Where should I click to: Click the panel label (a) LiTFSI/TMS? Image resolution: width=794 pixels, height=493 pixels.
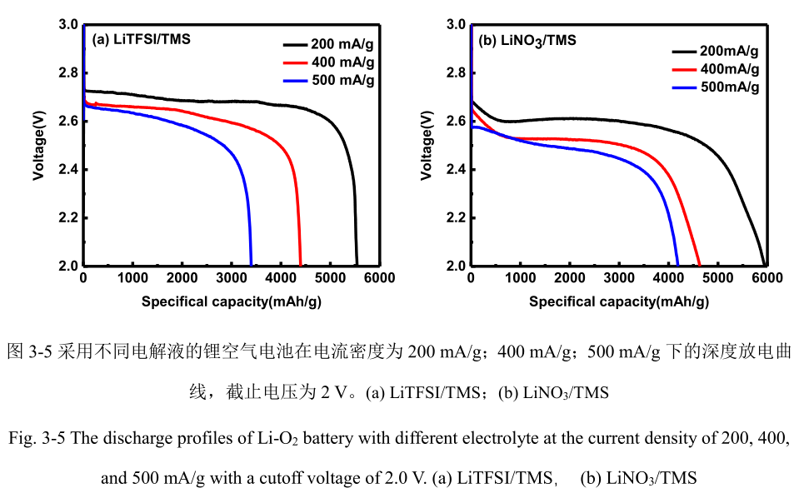pos(141,38)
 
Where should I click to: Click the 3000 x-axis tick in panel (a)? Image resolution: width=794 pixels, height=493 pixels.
pos(232,278)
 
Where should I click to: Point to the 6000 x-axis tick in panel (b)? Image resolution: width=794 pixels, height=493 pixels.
pos(767,278)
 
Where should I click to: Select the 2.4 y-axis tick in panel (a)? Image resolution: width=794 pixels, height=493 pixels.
pos(68,170)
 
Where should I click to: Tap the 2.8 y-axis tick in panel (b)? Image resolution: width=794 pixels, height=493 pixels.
pos(457,73)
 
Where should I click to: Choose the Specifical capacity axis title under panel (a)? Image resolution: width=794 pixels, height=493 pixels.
pos(231,301)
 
